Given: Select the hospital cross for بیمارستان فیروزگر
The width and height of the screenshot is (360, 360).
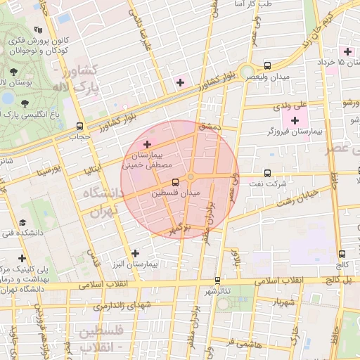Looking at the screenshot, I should [294, 122].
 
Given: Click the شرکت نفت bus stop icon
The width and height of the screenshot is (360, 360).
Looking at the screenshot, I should [266, 173].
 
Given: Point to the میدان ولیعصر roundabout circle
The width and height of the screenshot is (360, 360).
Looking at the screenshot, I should [246, 72].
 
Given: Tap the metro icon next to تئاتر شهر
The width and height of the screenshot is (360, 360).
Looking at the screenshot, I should [217, 280].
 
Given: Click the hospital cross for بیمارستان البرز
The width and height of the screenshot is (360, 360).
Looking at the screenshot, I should [135, 253].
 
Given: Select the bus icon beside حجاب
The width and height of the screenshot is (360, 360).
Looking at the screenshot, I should [78, 127].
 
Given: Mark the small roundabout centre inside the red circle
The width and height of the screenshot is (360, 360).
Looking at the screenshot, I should [191, 176].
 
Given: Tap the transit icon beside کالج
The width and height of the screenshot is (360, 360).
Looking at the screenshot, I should [342, 255].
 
